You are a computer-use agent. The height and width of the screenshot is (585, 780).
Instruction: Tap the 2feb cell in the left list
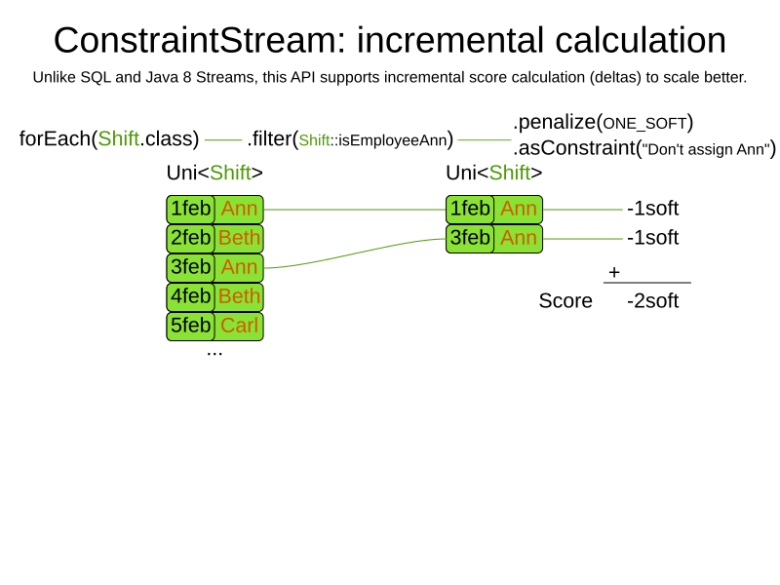coord(190,238)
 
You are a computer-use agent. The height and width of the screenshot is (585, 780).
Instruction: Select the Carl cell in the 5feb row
coord(239,326)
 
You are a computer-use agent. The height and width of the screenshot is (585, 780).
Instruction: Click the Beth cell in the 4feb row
coord(239,296)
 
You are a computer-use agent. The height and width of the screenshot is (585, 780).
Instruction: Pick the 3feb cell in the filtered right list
coord(470,238)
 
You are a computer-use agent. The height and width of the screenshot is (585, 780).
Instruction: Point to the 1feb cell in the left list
coord(190,209)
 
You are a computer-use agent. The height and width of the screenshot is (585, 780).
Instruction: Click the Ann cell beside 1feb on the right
coord(519,209)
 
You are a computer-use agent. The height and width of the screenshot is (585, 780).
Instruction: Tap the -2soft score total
coord(652,301)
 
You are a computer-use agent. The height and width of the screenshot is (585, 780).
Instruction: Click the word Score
coord(565,301)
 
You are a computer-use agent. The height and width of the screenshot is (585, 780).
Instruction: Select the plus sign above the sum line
coord(614,272)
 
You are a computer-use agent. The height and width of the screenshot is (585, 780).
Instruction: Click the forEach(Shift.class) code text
coord(109,138)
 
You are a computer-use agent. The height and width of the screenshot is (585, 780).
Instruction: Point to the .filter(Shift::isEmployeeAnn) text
coord(350,139)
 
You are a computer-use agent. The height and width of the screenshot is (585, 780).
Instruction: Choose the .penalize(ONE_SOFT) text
coord(603,123)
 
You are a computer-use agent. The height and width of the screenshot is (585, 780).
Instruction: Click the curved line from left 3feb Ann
coord(355,253)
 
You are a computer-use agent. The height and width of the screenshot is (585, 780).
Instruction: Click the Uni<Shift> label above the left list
coord(214,174)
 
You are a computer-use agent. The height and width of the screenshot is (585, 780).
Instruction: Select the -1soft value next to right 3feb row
coord(652,238)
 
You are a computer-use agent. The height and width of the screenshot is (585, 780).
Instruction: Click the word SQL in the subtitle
coord(96,78)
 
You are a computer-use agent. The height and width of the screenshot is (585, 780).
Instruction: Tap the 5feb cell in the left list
coord(190,326)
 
